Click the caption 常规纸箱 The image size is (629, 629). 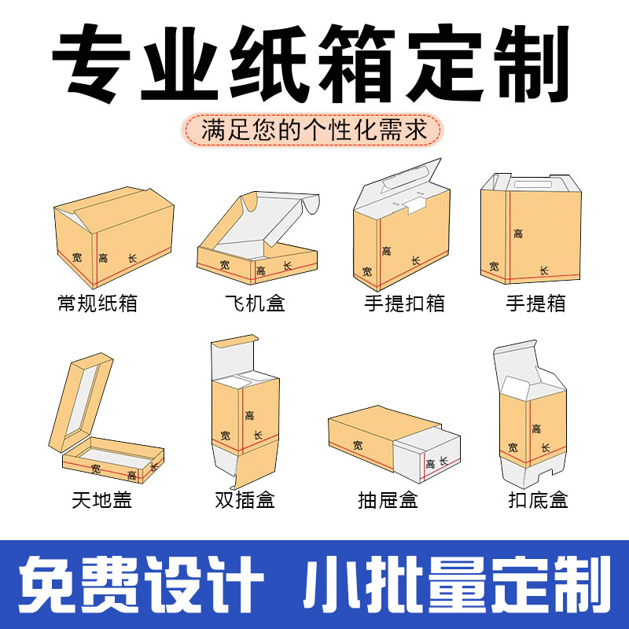click(97, 303)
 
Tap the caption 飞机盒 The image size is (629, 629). click(254, 303)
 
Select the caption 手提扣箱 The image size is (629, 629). click(404, 303)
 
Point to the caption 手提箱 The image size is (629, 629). click(535, 303)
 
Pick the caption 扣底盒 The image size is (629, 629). click(538, 498)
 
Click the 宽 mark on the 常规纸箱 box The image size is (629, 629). click(76, 257)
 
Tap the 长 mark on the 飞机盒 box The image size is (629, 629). click(287, 267)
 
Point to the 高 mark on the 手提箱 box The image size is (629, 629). click(518, 234)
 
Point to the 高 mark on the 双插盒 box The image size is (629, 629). click(249, 415)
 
